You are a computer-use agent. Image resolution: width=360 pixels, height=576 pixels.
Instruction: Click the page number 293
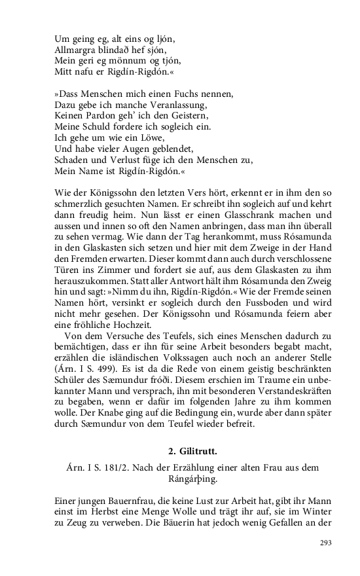click(326, 542)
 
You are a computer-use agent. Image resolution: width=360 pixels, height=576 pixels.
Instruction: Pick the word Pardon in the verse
click(104, 116)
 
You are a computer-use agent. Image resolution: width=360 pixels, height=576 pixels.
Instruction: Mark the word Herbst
click(111, 512)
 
